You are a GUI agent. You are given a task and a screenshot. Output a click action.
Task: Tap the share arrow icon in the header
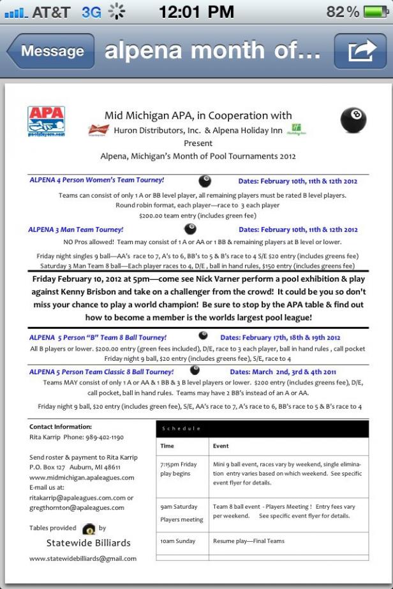point(359,52)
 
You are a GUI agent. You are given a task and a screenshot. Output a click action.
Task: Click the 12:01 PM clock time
point(196,11)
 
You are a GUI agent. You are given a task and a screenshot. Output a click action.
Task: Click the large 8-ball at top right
point(353,120)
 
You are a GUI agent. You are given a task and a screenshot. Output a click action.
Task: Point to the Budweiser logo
point(99,130)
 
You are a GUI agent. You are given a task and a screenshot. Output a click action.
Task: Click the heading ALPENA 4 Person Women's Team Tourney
point(97,180)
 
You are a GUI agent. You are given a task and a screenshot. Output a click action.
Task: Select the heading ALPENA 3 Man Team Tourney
point(77,229)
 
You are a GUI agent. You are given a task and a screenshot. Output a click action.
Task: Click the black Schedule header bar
point(262,428)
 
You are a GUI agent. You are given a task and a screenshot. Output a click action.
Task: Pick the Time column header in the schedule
point(167,446)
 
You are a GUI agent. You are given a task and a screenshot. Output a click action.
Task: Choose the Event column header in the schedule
point(221,446)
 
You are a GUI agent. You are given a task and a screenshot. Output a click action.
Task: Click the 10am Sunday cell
point(178,541)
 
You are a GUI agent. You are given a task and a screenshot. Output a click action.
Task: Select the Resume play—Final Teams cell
point(248,541)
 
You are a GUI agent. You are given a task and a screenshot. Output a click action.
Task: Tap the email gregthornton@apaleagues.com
point(77,507)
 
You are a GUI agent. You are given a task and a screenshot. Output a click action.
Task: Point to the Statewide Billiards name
point(88,543)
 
